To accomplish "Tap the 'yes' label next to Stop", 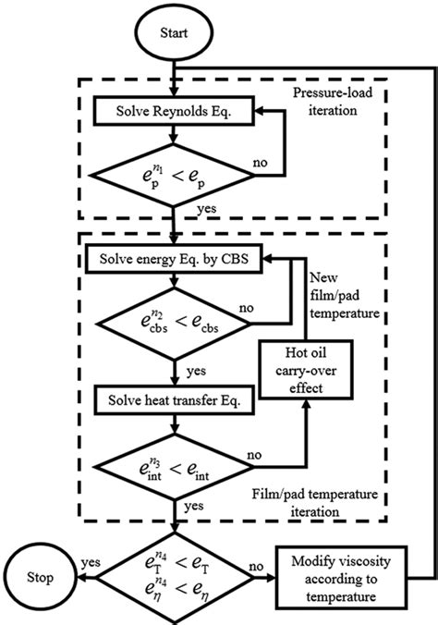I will point(90,561).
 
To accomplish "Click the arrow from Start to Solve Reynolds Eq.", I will point(174,78).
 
